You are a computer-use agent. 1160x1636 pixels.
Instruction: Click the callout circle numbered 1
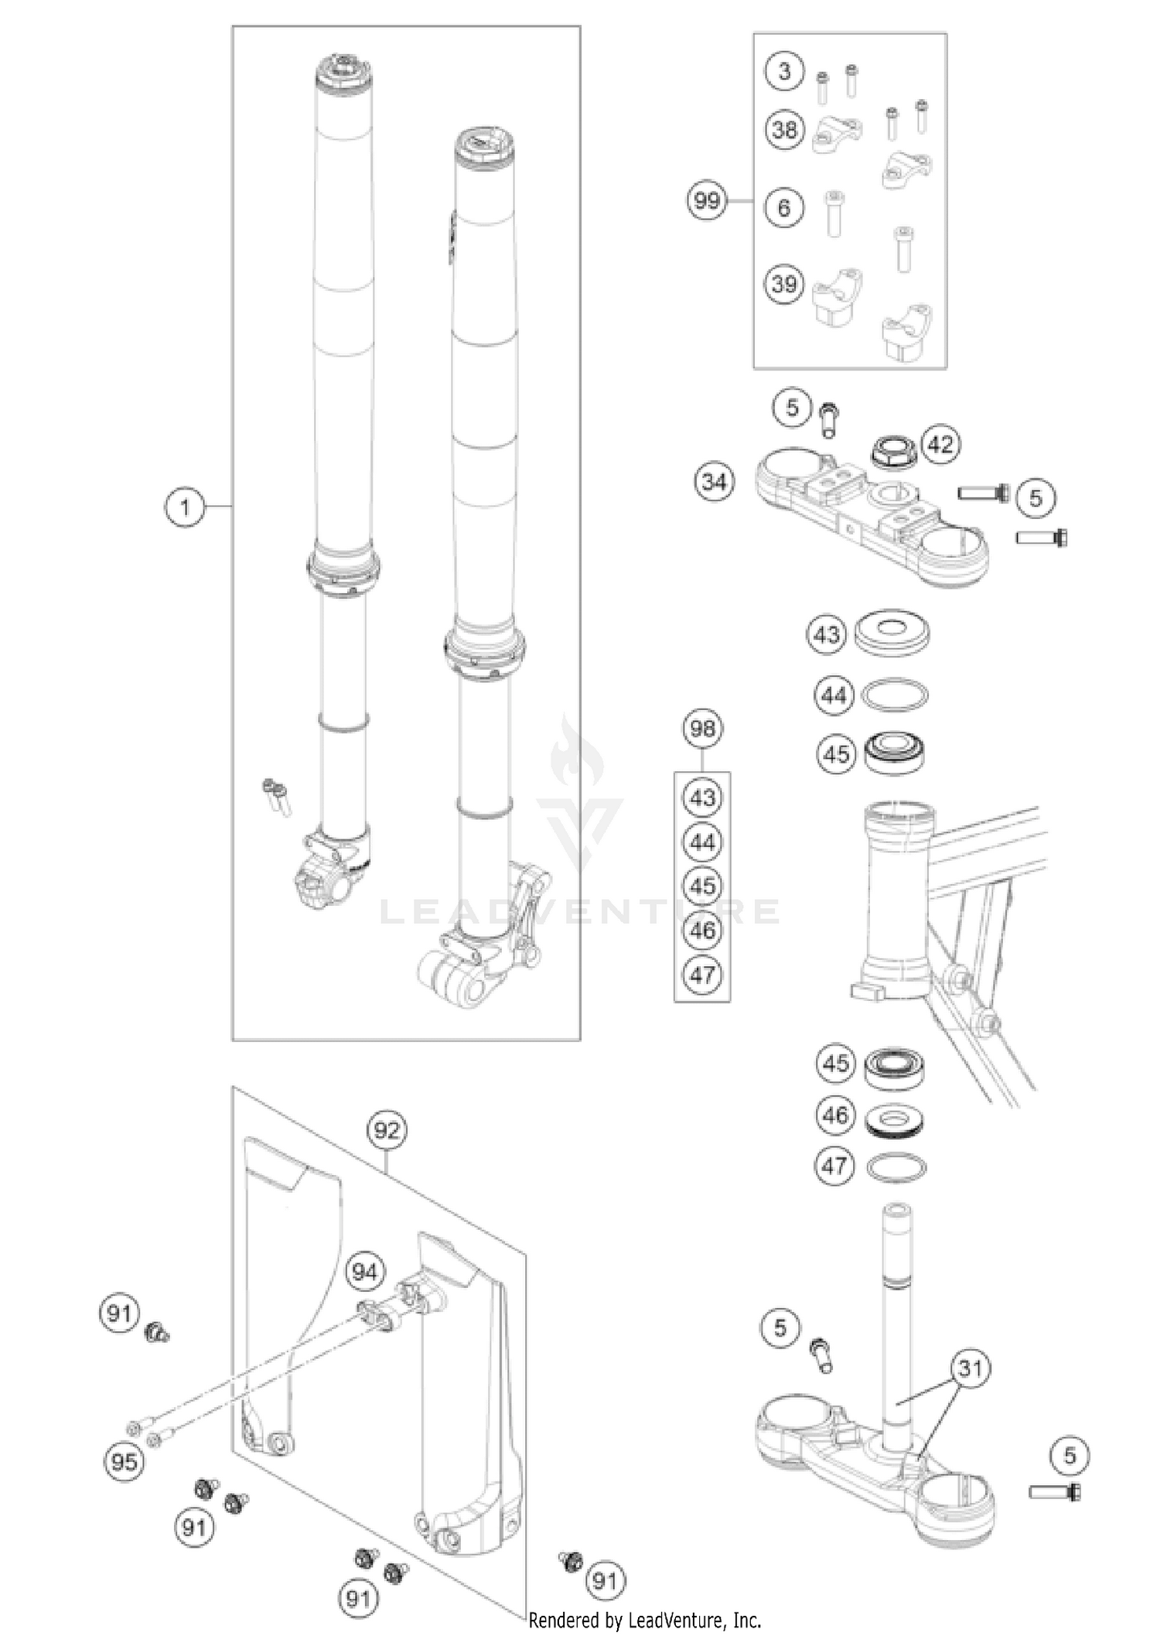click(185, 508)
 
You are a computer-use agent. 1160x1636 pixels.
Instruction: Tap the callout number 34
click(714, 482)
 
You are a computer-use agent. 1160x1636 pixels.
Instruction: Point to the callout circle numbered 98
click(702, 729)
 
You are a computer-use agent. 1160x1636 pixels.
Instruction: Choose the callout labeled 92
click(387, 1130)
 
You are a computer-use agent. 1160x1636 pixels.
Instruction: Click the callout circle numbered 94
click(364, 1272)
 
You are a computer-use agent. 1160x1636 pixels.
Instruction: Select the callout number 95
click(124, 1462)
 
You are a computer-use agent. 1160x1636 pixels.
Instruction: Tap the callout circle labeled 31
click(971, 1368)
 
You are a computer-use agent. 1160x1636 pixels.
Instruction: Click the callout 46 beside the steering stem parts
click(835, 1115)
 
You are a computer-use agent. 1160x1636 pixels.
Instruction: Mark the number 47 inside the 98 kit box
click(702, 975)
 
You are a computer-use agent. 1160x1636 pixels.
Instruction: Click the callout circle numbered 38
click(784, 128)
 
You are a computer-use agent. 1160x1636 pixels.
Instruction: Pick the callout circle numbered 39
click(784, 284)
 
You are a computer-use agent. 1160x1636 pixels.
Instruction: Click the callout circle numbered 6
click(784, 207)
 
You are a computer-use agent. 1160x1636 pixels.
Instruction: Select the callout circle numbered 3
click(784, 72)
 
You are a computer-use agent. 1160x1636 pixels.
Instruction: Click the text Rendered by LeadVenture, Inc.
click(645, 1619)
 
